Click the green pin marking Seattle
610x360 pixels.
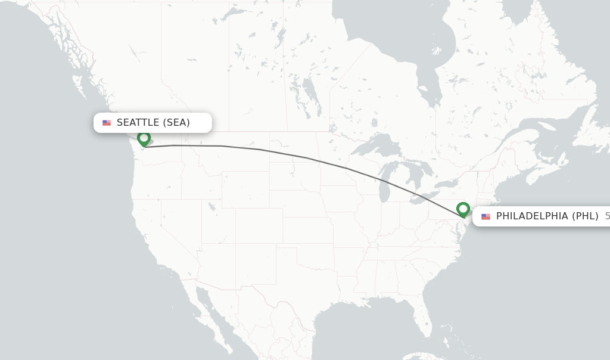click(x=144, y=138)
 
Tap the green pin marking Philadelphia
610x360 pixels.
click(x=463, y=209)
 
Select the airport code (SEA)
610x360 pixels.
click(x=176, y=123)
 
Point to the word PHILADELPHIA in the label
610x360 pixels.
click(x=532, y=216)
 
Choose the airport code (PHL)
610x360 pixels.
click(x=585, y=216)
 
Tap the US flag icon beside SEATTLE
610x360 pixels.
click(x=107, y=123)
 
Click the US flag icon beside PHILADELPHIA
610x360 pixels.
click(x=485, y=216)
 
